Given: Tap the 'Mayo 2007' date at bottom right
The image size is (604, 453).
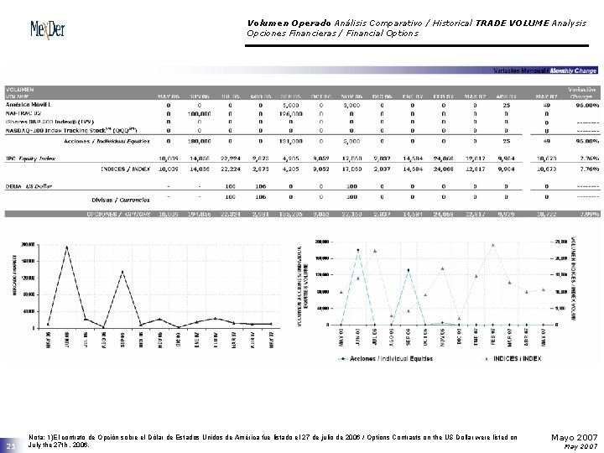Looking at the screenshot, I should point(574,437).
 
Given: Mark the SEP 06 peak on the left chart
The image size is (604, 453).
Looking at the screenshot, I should point(122,271).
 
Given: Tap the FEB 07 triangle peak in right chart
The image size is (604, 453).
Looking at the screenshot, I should point(493,245).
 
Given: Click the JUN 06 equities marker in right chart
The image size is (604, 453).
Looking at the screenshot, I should point(357,250).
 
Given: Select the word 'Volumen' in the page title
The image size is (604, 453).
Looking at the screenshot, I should point(267,23).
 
